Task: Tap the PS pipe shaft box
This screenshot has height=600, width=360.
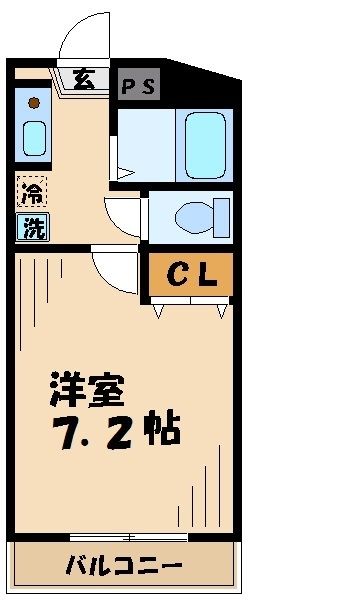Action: coord(139,84)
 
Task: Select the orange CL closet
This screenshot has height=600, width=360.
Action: coord(191,274)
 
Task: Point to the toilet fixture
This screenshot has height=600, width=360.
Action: coord(200,214)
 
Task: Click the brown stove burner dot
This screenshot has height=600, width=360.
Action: coord(32,102)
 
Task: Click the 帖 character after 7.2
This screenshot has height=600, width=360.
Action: coord(161,431)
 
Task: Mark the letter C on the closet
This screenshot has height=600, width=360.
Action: coord(175,274)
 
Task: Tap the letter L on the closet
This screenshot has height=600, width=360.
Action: coord(207,274)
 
